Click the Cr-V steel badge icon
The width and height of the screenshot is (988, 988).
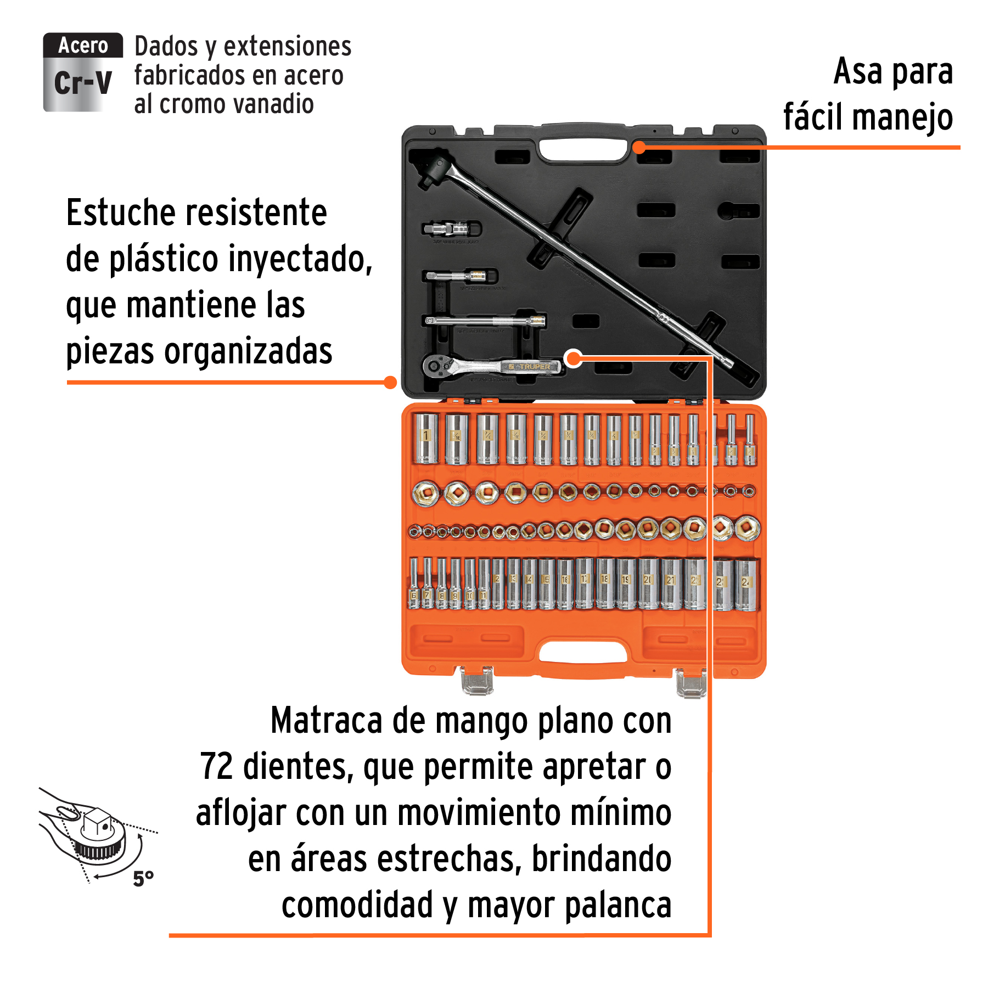[x=82, y=72]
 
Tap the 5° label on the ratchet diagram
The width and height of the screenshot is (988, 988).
[x=143, y=879]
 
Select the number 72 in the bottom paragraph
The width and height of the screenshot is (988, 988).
[x=217, y=767]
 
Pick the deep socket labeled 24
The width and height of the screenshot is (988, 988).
[x=746, y=585]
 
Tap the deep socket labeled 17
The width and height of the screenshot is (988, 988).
[x=585, y=583]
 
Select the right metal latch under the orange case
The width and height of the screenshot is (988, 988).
[x=691, y=684]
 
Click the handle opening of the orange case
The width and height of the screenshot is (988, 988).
[x=583, y=652]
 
